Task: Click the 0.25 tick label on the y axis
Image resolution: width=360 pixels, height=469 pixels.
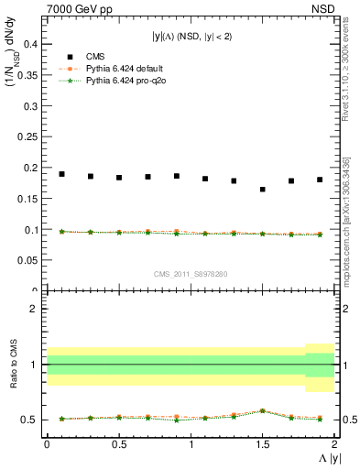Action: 27,136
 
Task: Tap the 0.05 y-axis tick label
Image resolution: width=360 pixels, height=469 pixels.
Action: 27,260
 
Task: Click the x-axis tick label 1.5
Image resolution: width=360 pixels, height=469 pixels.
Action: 263,443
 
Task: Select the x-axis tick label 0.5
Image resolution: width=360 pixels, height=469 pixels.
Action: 119,443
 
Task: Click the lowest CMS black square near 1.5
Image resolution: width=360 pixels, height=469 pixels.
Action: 263,190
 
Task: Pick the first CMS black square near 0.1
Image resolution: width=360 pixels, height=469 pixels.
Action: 61,174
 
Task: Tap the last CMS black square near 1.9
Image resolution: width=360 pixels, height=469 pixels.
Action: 320,180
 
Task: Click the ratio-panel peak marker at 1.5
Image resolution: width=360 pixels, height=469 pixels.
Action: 263,410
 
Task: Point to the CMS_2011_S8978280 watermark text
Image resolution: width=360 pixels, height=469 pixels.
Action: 191,274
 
